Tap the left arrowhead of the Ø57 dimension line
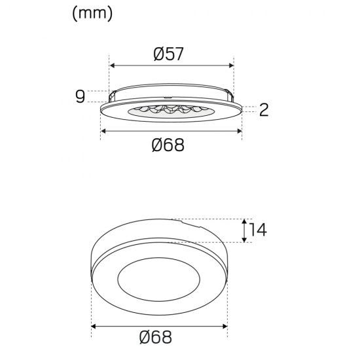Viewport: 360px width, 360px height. [112, 65]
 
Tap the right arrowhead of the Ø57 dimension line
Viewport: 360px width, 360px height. [230, 65]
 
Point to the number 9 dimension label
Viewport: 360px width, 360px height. [81, 97]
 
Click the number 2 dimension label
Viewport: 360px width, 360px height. [264, 110]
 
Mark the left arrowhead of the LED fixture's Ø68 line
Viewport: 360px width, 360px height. [103, 131]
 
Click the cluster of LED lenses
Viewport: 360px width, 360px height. [169, 110]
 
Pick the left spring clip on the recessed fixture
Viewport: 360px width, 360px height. [113, 93]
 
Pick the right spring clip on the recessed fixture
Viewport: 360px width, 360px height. [228, 93]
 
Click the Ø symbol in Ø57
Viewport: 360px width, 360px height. [158, 55]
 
